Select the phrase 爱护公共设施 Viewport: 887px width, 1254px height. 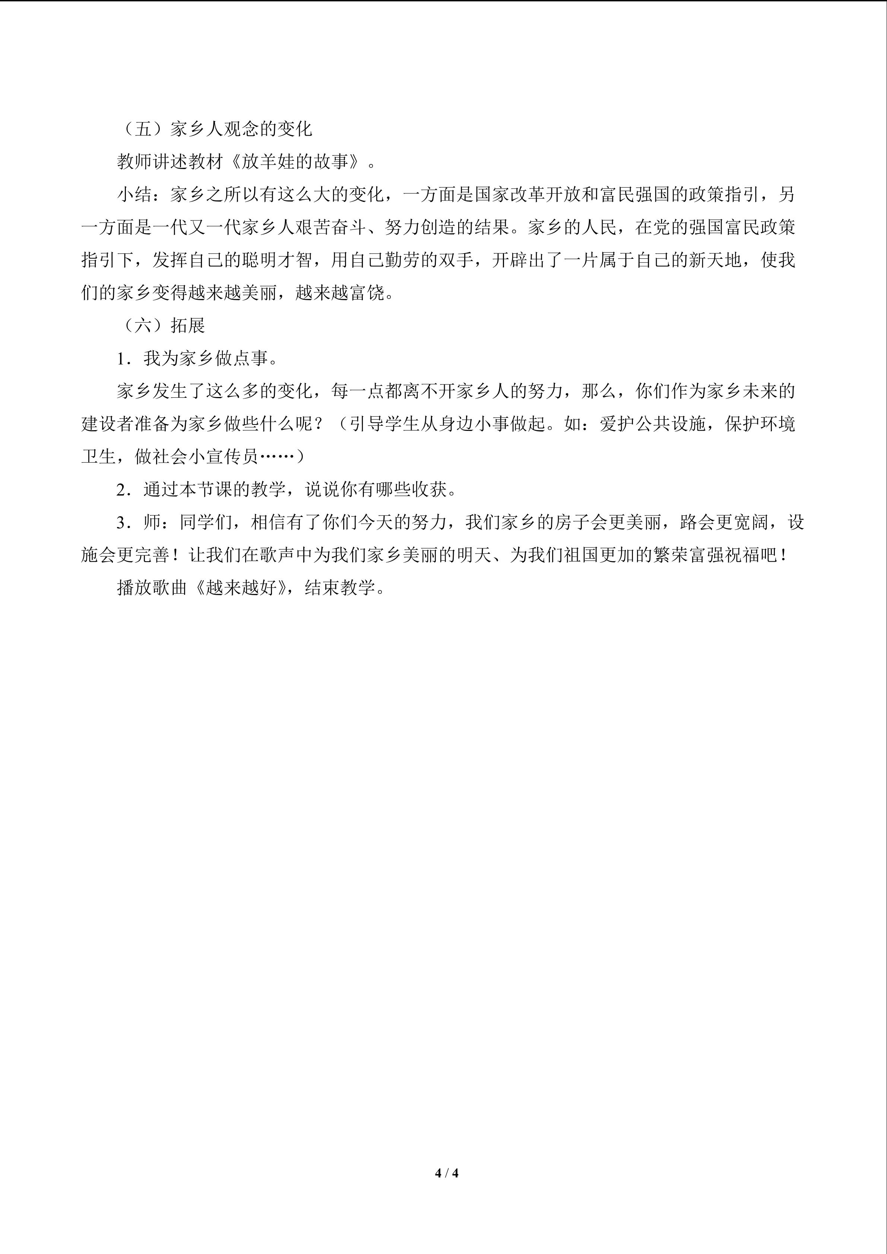[x=653, y=424]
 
